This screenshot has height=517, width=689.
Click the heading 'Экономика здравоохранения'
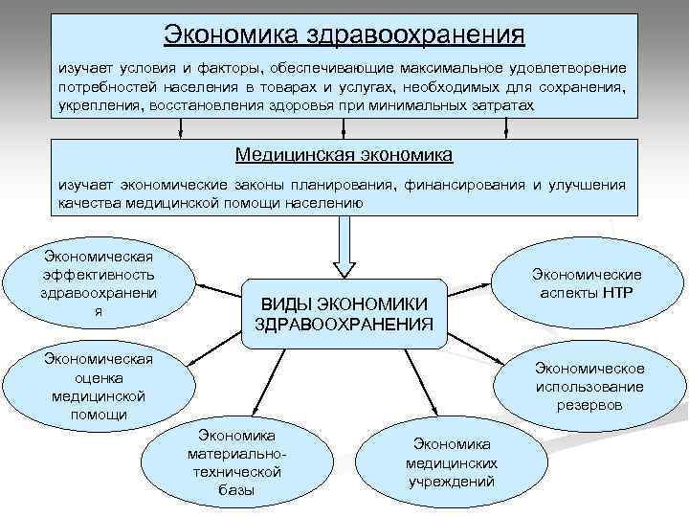pyautogui.click(x=344, y=34)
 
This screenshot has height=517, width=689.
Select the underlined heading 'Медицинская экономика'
pyautogui.click(x=344, y=154)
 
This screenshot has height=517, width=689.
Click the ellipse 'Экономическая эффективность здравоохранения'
pyautogui.click(x=100, y=283)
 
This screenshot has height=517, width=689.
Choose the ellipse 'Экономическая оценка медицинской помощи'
pyautogui.click(x=100, y=386)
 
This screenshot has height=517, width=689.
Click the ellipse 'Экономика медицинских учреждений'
pyautogui.click(x=452, y=462)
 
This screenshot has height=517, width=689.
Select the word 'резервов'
pyautogui.click(x=589, y=405)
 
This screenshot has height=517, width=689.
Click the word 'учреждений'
pyautogui.click(x=452, y=481)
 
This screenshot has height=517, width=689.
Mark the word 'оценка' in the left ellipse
pyautogui.click(x=100, y=377)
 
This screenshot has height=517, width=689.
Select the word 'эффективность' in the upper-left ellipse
pyautogui.click(x=100, y=274)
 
